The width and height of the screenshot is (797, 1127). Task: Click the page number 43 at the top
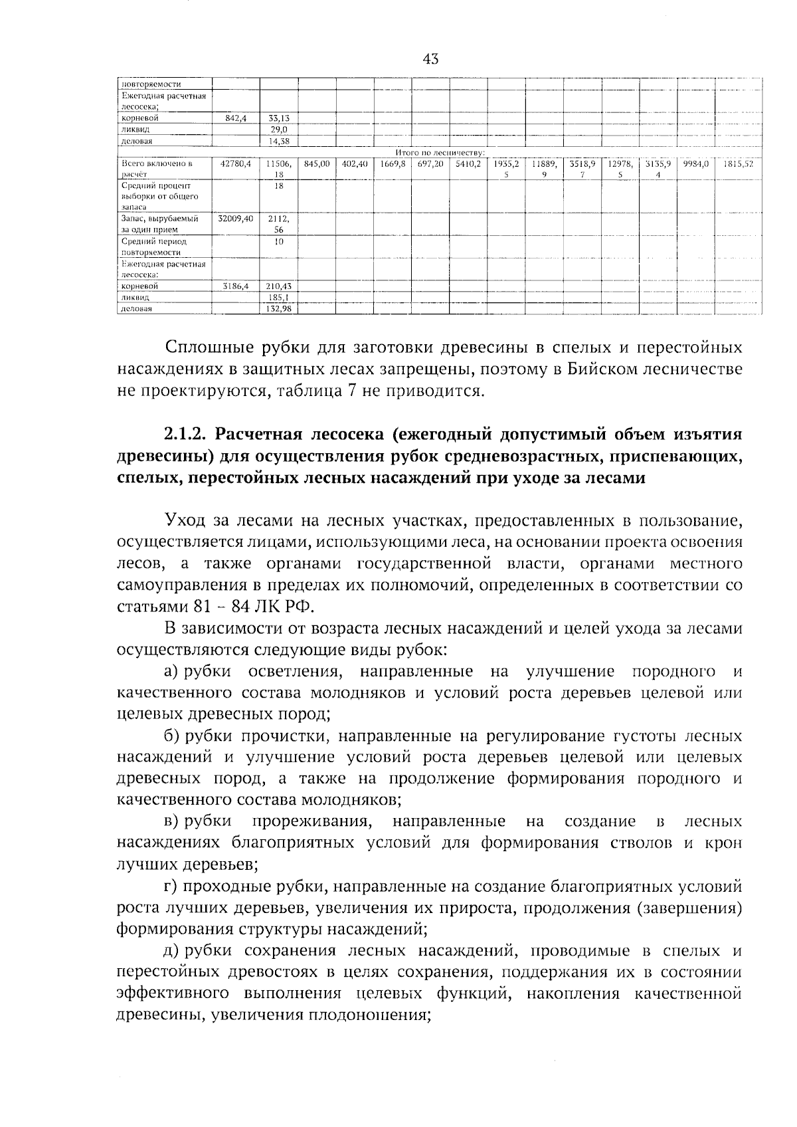coord(430,59)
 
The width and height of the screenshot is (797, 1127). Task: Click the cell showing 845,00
coord(317,163)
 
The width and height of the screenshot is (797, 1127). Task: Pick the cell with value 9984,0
coord(695,163)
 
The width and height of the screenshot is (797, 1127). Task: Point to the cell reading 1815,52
coord(738,163)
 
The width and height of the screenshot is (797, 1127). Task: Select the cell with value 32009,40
coord(235,218)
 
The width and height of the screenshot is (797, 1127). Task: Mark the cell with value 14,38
coord(279,141)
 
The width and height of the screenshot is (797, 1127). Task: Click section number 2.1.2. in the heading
coord(186,435)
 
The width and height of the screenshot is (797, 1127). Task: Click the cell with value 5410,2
coord(468,163)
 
